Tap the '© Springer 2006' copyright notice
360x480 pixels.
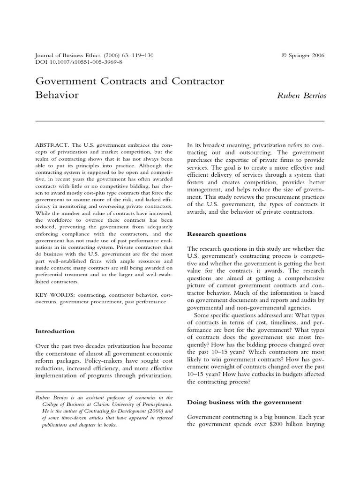tap(303, 55)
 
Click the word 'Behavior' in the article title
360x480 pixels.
tap(57, 95)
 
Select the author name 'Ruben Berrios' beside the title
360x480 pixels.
tap(301, 96)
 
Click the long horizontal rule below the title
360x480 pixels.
tap(180, 121)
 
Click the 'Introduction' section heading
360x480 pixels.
tap(55, 331)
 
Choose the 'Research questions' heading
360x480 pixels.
tap(217, 234)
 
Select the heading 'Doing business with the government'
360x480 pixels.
tap(244, 402)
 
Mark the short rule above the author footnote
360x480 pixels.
tap(105, 391)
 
